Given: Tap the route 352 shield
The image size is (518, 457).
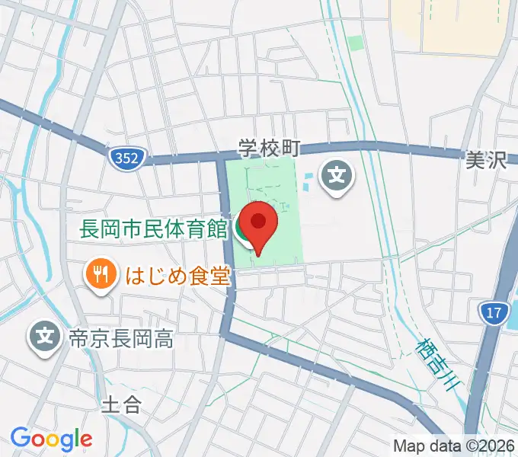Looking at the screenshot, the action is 123,158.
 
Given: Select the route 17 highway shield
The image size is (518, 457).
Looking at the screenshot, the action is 494,312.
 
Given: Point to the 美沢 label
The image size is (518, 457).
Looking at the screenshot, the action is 486,161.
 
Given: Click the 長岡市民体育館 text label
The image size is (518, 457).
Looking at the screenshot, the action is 153,228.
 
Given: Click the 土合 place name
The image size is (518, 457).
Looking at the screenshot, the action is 121,404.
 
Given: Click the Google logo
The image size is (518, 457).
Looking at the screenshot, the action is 51,438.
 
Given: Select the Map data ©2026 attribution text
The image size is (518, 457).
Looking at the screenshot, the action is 453,446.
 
